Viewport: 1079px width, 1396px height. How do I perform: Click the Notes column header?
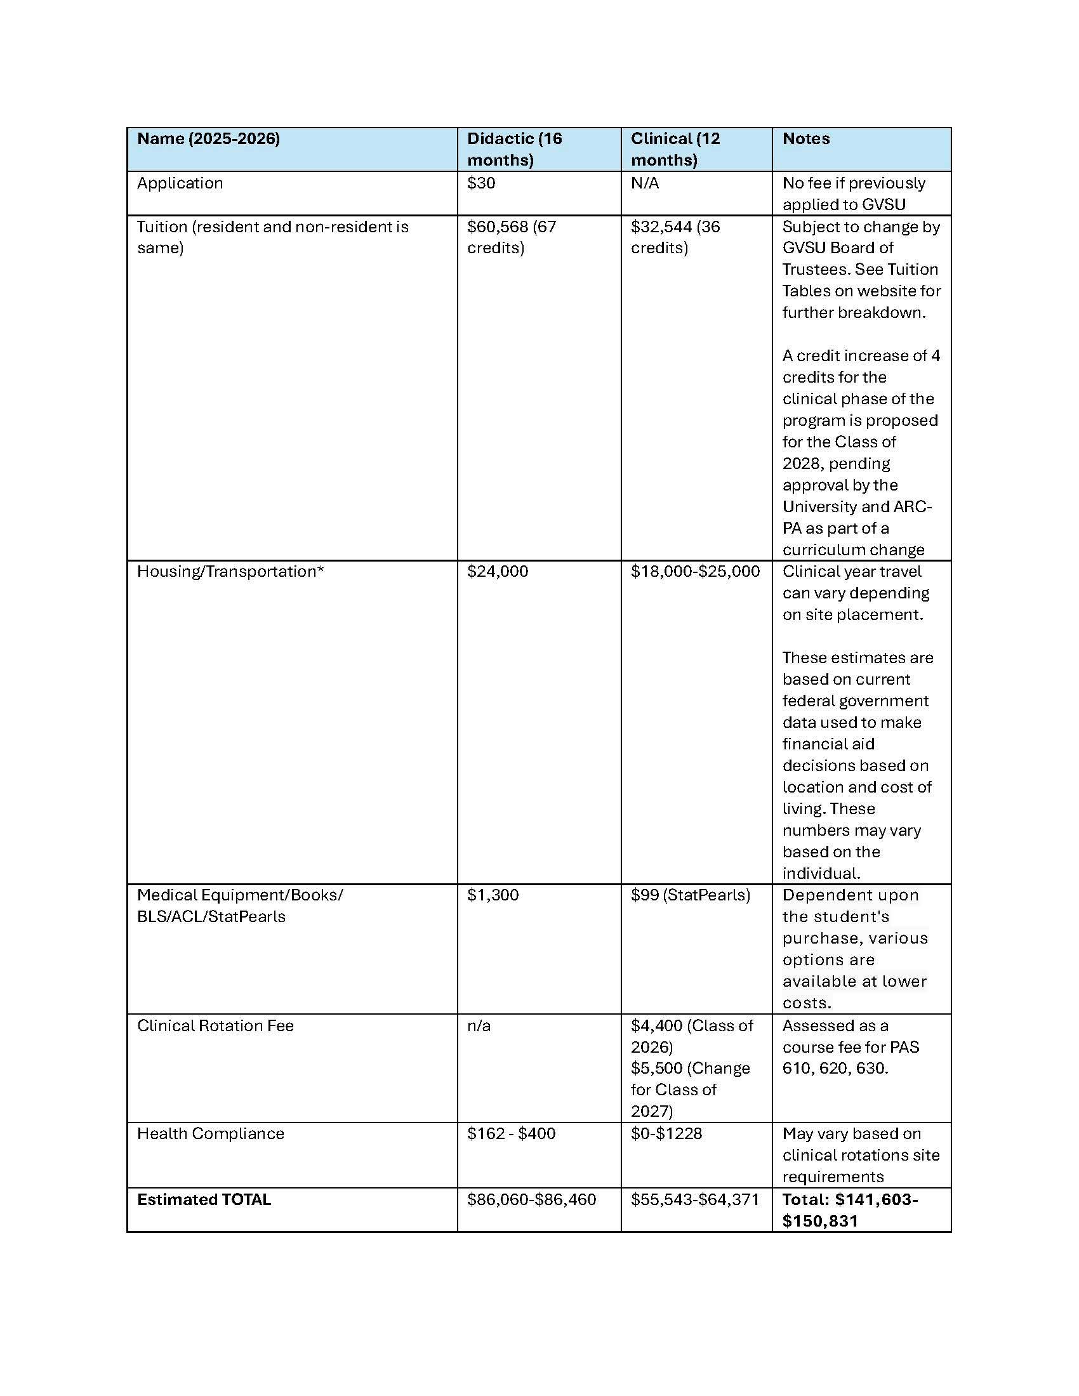805,139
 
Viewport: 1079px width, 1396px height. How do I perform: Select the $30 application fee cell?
480,183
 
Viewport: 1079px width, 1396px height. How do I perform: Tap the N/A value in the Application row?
644,183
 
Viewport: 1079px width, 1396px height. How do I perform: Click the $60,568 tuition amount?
498,227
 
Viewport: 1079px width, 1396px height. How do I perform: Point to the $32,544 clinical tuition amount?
661,227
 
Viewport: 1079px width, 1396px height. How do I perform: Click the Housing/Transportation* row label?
230,572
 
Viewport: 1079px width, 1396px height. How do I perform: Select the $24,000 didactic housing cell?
498,572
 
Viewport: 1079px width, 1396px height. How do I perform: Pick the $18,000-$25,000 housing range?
695,572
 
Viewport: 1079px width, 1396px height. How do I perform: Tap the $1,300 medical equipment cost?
492,895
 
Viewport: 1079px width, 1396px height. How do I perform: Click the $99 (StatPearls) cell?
690,895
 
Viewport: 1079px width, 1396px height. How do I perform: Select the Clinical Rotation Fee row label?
215,1025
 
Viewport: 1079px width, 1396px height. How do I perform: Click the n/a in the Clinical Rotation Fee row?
479,1025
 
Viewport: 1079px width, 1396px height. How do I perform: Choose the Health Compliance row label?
210,1133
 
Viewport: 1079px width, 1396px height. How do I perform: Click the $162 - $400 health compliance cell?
511,1133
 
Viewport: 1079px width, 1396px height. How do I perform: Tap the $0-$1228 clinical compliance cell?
666,1133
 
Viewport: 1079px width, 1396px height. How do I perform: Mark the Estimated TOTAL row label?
204,1199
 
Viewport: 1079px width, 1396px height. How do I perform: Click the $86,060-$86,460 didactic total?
531,1199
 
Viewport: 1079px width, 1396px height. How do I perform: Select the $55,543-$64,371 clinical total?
695,1199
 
